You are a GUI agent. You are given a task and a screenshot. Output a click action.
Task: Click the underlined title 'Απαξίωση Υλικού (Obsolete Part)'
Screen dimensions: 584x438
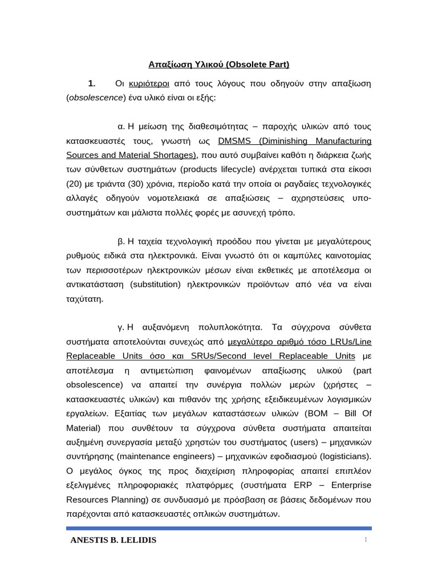pyautogui.click(x=219, y=64)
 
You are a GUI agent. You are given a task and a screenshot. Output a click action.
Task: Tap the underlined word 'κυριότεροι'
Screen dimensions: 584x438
pyautogui.click(x=149, y=83)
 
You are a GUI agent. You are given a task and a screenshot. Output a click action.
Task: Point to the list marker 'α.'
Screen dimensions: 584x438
pyautogui.click(x=121, y=126)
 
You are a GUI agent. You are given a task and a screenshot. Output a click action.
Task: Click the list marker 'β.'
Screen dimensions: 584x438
pyautogui.click(x=121, y=241)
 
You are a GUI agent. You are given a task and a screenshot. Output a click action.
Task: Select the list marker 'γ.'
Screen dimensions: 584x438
pyautogui.click(x=121, y=327)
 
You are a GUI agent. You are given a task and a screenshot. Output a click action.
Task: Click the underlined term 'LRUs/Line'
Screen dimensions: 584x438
pyautogui.click(x=350, y=342)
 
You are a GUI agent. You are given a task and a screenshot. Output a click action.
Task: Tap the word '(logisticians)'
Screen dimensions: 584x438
pyautogui.click(x=341, y=456)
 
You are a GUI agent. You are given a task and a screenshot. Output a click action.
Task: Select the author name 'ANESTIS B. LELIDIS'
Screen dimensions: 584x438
pyautogui.click(x=113, y=540)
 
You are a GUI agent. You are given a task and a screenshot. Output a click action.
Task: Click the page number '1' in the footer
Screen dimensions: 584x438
pyautogui.click(x=366, y=540)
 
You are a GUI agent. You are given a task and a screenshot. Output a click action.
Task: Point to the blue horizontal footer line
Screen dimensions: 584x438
pyautogui.click(x=219, y=528)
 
